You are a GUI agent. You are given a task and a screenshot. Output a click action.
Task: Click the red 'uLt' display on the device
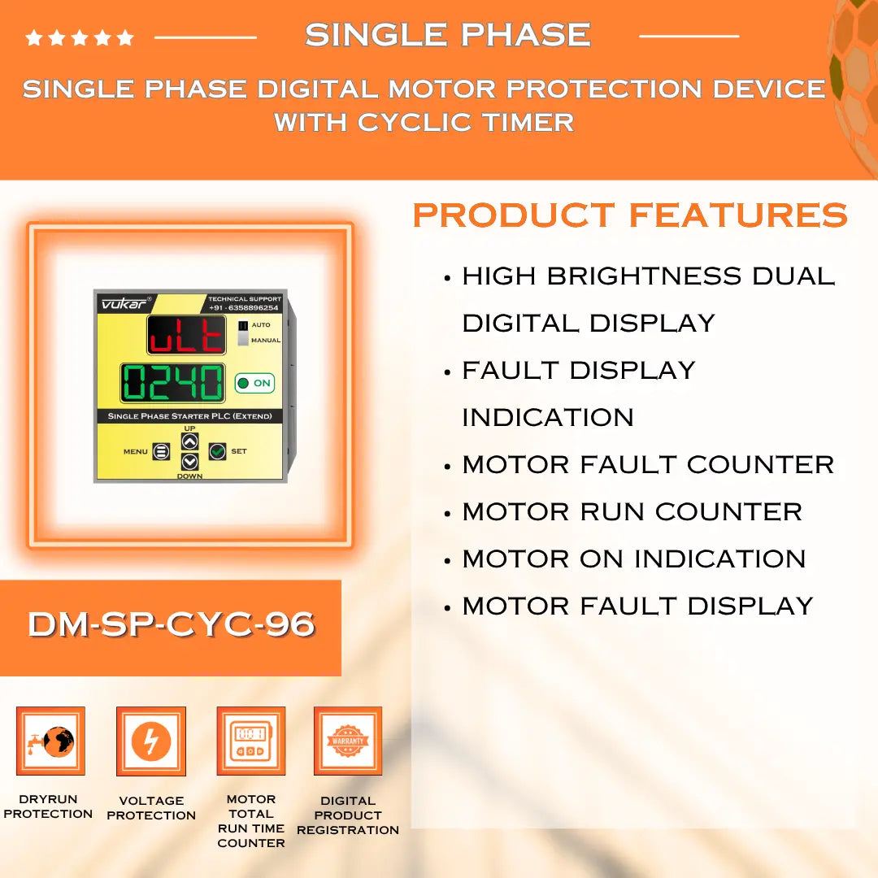coord(186,335)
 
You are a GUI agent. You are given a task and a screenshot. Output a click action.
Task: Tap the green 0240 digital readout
coord(172,382)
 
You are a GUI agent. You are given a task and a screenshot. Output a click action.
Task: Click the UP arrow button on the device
coord(189,441)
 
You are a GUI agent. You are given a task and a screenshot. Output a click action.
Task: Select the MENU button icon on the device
coord(161,451)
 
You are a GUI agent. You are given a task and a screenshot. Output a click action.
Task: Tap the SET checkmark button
coord(217,451)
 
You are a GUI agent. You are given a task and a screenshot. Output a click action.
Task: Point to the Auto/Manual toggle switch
coord(243,333)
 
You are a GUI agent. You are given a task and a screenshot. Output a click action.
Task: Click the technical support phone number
coord(244,308)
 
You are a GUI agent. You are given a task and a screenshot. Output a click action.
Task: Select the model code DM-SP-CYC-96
coord(171,624)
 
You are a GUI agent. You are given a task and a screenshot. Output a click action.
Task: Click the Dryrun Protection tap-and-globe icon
coord(50,741)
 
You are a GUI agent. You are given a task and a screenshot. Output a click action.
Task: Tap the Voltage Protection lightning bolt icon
coord(151,741)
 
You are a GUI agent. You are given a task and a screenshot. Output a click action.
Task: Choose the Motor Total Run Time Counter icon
coord(250,741)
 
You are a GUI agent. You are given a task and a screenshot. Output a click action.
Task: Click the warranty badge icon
coord(348,741)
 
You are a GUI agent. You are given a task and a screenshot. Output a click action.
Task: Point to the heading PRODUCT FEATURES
coord(630,215)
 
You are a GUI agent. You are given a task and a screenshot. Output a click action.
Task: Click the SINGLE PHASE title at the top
coord(447,35)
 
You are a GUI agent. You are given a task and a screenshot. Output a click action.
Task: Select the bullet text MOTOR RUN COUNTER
coord(632,511)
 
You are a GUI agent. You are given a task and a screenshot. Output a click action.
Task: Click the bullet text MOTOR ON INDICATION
coord(633,559)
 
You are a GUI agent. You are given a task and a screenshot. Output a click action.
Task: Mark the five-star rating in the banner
coord(80,37)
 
